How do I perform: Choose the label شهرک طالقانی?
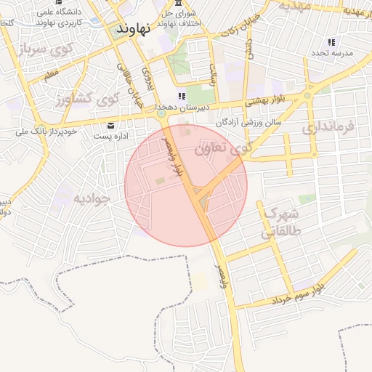[x=279, y=224]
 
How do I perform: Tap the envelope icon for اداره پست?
[x=110, y=124]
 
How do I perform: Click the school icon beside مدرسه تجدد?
[x=332, y=42]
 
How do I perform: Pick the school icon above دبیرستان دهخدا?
[x=182, y=95]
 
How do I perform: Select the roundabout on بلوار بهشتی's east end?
[x=307, y=94]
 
